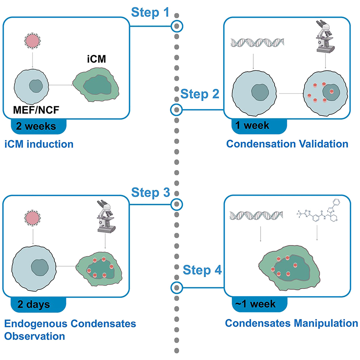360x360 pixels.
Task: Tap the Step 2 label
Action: click(200, 95)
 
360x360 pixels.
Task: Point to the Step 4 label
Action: click(202, 270)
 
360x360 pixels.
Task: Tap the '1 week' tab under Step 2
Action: click(253, 125)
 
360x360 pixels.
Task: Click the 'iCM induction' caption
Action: click(39, 145)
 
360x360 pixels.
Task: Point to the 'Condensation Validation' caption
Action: click(287, 144)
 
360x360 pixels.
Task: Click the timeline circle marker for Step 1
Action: click(177, 26)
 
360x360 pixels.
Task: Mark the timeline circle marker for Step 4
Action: click(177, 287)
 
